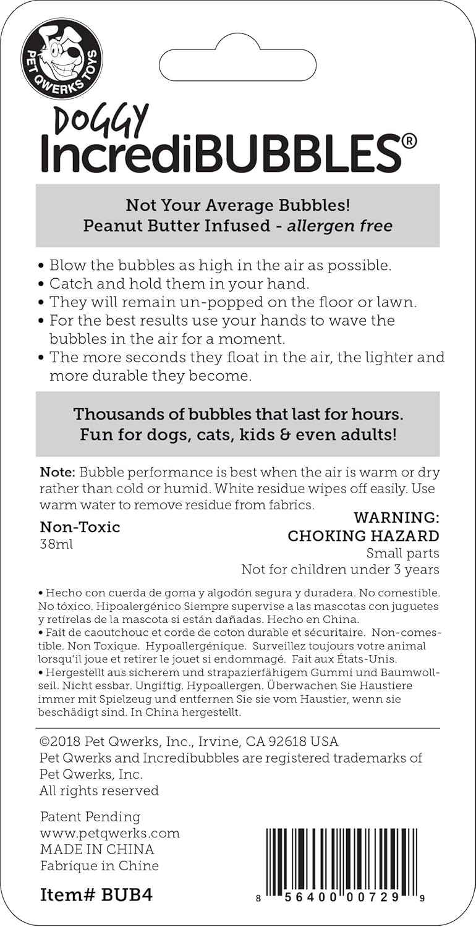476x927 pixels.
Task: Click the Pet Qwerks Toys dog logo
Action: (62, 59)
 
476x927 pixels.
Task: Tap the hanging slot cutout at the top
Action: (238, 66)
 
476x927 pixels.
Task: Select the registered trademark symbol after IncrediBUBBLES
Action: (409, 142)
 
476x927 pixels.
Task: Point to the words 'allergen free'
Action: (339, 226)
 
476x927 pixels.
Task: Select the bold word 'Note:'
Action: (57, 473)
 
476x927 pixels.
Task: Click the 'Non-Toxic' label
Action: (80, 527)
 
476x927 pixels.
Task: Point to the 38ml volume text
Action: (56, 546)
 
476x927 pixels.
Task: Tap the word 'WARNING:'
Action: (396, 517)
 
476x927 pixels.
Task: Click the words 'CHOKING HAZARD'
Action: (363, 536)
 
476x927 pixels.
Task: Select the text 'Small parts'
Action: (402, 553)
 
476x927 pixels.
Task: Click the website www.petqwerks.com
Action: (109, 833)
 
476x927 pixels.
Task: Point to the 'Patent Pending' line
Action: (90, 817)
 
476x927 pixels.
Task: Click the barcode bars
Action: (342, 857)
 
